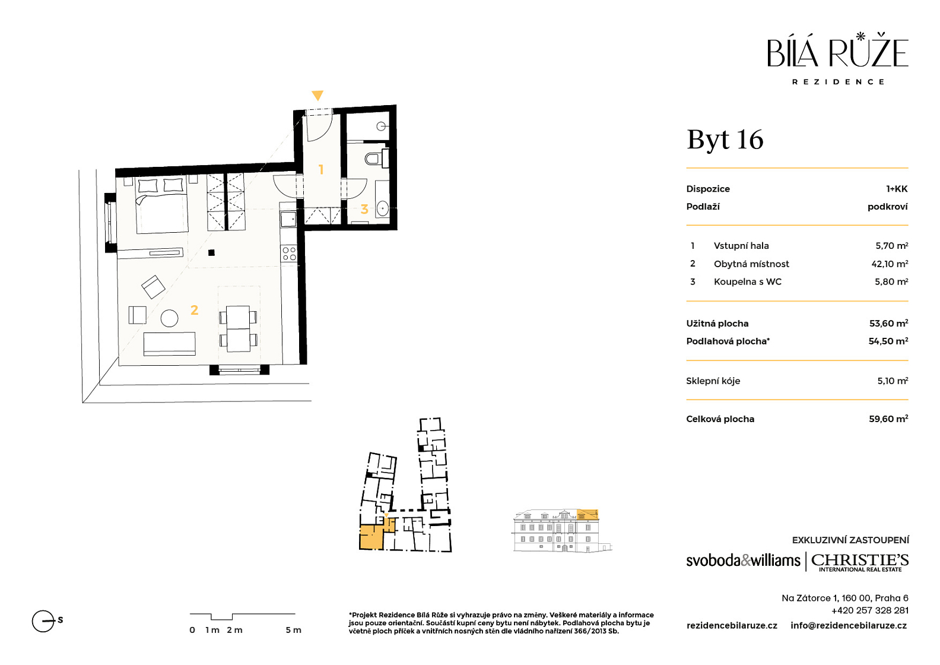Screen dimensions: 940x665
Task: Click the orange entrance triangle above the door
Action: click(317, 95)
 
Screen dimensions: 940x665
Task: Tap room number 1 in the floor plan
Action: click(321, 170)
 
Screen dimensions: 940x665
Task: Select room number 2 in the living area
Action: click(194, 310)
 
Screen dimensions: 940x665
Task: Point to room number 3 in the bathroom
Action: click(364, 208)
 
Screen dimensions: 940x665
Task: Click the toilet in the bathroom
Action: click(374, 159)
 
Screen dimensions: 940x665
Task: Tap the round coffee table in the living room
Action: click(170, 318)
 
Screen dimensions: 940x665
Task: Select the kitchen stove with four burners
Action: click(289, 254)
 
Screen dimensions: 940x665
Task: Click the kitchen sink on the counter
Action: click(288, 218)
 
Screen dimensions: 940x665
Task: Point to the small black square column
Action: click(211, 252)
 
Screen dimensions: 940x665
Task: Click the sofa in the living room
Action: click(170, 344)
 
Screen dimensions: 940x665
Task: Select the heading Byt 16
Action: click(725, 140)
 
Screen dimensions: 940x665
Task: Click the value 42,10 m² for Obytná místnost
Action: click(890, 264)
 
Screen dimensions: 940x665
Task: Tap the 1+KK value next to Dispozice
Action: click(897, 189)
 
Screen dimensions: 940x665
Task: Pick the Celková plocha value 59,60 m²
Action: click(888, 419)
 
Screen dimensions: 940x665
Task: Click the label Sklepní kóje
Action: click(713, 381)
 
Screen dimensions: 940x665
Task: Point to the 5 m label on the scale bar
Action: click(293, 630)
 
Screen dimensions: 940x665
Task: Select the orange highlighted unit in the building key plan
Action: click(372, 537)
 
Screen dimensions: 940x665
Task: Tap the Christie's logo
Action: click(860, 562)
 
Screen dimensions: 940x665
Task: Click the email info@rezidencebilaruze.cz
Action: click(849, 626)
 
